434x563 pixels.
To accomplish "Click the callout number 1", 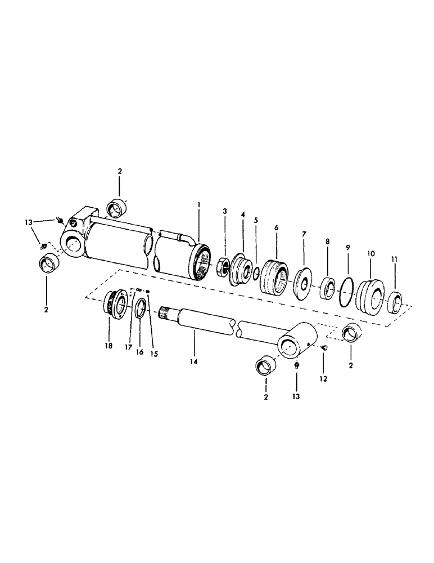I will (x=198, y=206).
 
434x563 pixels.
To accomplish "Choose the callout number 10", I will (x=370, y=254).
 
